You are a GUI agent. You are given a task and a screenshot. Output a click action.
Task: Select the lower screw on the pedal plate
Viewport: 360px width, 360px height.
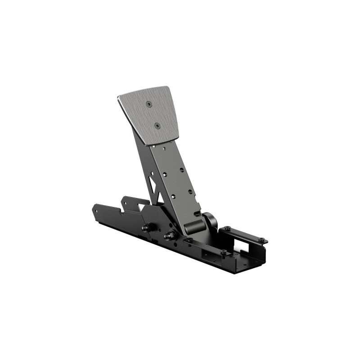[x=157, y=126]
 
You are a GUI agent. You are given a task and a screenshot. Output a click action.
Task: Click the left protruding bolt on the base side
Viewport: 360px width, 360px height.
[x=145, y=228]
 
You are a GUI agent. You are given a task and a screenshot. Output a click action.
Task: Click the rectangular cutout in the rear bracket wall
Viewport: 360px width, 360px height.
[x=246, y=247]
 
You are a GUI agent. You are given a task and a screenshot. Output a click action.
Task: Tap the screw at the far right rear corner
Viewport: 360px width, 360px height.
[x=261, y=239]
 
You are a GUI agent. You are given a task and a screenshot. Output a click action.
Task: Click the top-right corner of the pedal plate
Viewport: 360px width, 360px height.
[x=167, y=87]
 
